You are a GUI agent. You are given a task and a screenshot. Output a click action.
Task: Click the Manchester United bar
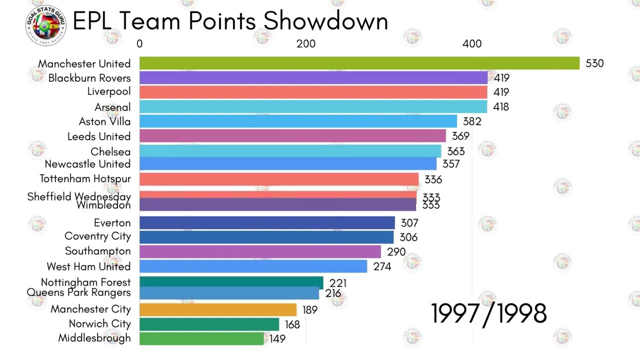pos(359,63)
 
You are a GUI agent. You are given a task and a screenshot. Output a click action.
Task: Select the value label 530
pos(594,63)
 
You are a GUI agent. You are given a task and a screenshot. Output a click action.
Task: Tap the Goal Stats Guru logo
pos(45,25)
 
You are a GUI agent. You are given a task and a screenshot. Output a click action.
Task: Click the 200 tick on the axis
pos(305,44)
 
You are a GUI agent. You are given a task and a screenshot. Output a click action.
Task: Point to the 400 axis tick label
pos(471,44)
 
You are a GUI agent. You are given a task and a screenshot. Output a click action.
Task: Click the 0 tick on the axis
pos(139,44)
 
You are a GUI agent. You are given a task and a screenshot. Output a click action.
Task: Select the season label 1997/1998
pos(488,314)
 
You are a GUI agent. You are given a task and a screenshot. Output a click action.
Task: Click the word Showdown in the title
pos(325,21)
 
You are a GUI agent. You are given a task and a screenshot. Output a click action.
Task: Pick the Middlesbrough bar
pos(201,338)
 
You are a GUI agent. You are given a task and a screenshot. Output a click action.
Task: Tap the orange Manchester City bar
pos(218,309)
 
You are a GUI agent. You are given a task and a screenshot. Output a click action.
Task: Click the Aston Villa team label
pos(104,121)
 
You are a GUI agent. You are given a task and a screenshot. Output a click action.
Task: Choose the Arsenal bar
pos(313,106)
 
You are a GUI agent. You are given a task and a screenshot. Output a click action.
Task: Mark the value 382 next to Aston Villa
pos(472,121)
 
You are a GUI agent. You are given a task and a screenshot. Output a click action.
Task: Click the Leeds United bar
pos(292,136)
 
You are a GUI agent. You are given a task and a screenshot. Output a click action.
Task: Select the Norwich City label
pos(99,324)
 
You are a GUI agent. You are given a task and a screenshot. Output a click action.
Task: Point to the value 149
pos(277,339)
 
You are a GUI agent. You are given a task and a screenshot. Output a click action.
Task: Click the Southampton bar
pos(260,251)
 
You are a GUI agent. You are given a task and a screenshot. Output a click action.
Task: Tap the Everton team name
pos(112,223)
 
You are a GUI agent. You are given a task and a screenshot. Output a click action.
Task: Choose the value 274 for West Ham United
pos(382,266)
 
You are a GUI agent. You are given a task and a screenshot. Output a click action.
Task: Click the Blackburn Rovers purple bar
pos(313,77)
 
